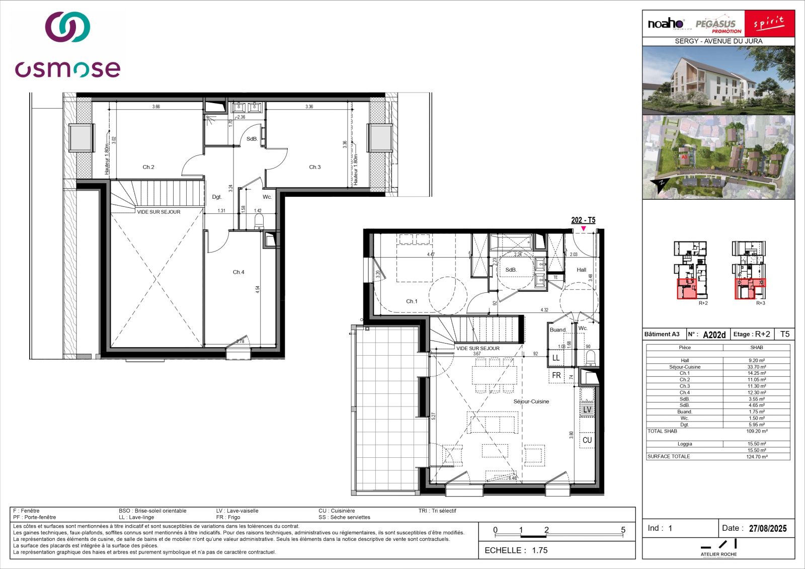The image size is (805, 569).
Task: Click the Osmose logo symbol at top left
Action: coord(67,27)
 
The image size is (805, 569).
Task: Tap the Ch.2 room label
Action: coord(148,167)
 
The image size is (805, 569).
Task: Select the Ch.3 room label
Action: coord(314,167)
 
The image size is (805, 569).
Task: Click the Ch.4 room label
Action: coord(238,272)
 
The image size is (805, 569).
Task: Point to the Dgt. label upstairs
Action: coord(217,197)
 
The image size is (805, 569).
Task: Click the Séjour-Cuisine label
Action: coord(531,401)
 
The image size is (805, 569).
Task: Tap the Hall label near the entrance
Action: coord(581,270)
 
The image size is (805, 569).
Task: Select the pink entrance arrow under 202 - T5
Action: coord(583,229)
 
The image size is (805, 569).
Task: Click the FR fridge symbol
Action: coord(556,375)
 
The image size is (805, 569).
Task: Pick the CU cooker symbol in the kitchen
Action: coord(587,440)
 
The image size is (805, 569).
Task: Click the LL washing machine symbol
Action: coord(556,358)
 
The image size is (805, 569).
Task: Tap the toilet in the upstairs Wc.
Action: coord(259,221)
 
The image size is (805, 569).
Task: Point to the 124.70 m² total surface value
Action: coord(757,457)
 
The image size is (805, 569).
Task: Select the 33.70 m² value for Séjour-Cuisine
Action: coord(757,367)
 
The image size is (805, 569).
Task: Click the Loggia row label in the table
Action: coord(685,444)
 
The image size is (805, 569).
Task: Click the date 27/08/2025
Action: coord(767,528)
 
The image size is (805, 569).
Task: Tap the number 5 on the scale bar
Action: coord(623,530)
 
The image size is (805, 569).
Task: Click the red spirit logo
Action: coord(769,24)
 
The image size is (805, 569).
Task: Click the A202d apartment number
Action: coord(714,335)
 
